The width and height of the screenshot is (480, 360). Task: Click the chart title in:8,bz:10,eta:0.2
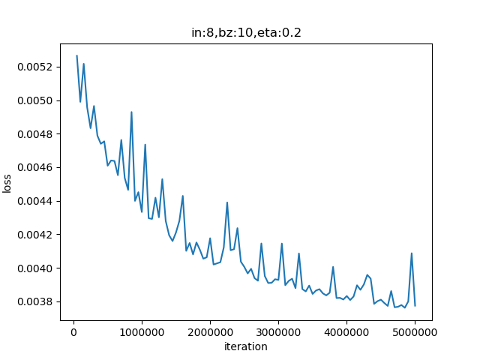pyautogui.click(x=246, y=33)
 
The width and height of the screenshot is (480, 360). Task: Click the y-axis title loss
pyautogui.click(x=7, y=182)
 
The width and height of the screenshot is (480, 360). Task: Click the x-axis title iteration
pyautogui.click(x=246, y=346)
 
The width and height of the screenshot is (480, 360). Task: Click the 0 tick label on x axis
pyautogui.click(x=73, y=332)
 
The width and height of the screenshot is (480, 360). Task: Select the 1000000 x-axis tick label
pyautogui.click(x=142, y=332)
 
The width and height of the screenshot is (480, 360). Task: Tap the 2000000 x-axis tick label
pyautogui.click(x=210, y=332)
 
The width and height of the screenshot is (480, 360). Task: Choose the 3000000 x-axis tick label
pyautogui.click(x=278, y=332)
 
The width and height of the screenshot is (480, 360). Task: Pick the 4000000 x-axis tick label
pyautogui.click(x=346, y=332)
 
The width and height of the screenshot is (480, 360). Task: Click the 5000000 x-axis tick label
pyautogui.click(x=415, y=332)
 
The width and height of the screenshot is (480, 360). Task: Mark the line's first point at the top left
pyautogui.click(x=76, y=55)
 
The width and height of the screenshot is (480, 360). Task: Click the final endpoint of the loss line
pyautogui.click(x=415, y=305)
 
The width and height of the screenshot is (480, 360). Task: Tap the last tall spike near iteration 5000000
pyautogui.click(x=412, y=253)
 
